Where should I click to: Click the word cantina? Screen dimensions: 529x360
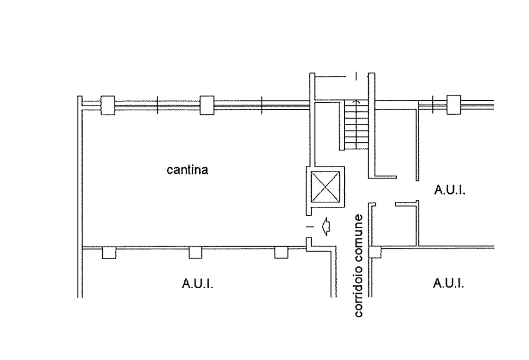[x=187, y=170]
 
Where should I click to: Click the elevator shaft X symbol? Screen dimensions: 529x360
[x=325, y=186]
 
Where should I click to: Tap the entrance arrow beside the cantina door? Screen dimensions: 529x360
[x=326, y=226]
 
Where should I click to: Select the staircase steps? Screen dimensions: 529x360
[x=356, y=125]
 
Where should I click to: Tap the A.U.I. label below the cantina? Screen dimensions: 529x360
[x=197, y=284]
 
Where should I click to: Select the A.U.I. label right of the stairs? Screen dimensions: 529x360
[x=450, y=190]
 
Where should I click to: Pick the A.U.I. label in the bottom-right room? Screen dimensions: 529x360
[x=448, y=283]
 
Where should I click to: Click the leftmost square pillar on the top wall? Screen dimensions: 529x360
[x=107, y=105]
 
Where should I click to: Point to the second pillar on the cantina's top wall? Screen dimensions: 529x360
[x=207, y=105]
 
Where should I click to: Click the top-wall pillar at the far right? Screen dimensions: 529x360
[x=453, y=105]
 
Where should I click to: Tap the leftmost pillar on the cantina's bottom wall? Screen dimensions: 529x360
[x=109, y=253]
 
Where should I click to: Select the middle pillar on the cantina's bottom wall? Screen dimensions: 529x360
[x=196, y=253]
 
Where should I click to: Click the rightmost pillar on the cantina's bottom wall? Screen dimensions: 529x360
[x=281, y=253]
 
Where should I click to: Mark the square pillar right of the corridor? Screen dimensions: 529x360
[x=375, y=252]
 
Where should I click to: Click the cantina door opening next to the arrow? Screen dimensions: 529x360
[x=309, y=226]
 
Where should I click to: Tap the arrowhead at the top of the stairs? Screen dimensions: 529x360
[x=356, y=101]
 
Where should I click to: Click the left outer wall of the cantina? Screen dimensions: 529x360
[x=80, y=196]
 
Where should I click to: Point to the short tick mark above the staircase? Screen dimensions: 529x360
[x=356, y=76]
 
